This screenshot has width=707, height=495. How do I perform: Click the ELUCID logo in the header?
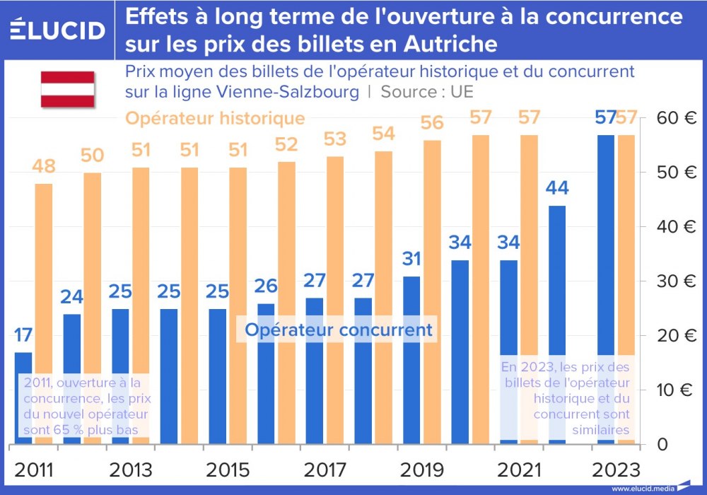(57, 30)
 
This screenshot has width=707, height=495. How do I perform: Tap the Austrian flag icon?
(67, 89)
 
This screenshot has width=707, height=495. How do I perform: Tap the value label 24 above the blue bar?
(71, 297)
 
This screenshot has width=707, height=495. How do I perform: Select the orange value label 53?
(335, 139)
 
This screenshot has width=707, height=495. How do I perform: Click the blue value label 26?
(265, 286)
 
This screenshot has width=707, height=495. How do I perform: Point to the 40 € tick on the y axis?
(675, 227)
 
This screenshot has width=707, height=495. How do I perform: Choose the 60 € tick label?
(675, 118)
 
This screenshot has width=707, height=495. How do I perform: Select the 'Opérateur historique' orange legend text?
(215, 118)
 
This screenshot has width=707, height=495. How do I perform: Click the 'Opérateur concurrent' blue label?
(338, 330)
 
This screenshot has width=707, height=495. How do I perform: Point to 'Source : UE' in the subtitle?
(426, 92)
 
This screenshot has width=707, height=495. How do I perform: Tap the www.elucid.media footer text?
(642, 489)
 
